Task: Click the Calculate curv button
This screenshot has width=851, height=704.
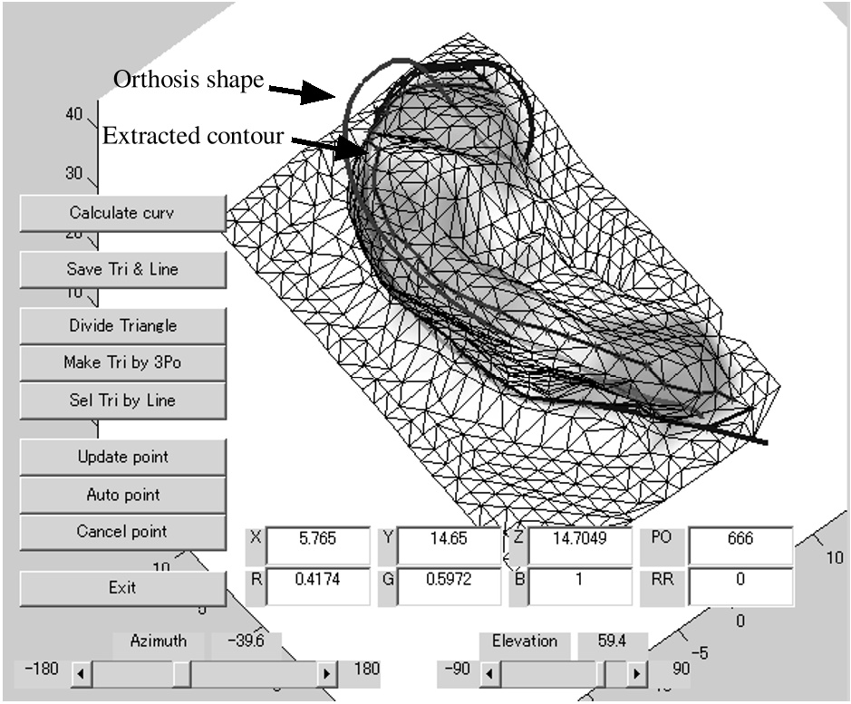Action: coord(122,213)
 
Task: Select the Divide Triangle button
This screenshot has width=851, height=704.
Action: coord(122,325)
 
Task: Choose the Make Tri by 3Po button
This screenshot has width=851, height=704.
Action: coord(122,362)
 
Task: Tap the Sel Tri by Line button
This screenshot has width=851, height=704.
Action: coord(122,400)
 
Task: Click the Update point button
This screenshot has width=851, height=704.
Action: coord(122,457)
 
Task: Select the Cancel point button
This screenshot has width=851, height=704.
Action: coord(122,531)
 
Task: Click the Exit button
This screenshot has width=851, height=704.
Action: coord(122,588)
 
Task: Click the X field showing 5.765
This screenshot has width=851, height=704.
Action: coord(318,545)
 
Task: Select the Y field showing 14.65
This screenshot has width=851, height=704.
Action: coord(449,545)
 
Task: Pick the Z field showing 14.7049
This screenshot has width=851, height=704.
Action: coord(580,545)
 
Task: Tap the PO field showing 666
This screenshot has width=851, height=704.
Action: coord(740,545)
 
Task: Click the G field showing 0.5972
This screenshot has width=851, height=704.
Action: coord(449,586)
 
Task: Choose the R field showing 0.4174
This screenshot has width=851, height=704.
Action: coord(318,586)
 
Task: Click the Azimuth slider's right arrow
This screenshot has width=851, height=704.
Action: coord(326,673)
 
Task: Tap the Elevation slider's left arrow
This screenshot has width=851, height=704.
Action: coord(489,673)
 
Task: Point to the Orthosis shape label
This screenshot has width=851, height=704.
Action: coord(189,80)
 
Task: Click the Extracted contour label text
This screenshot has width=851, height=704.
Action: coord(193,136)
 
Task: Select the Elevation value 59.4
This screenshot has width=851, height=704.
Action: coord(612,641)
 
